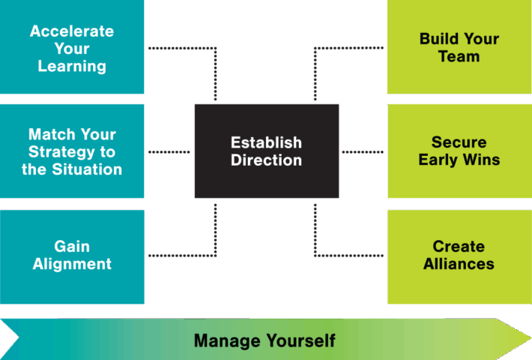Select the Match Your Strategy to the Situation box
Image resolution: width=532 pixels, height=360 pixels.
(72, 151)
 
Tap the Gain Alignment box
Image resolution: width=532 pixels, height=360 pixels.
(72, 256)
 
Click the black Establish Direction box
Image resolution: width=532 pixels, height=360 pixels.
(266, 151)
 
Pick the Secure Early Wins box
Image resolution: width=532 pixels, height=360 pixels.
(459, 151)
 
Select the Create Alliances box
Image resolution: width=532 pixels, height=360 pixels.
(459, 256)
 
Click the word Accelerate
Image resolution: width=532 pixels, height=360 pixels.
(72, 32)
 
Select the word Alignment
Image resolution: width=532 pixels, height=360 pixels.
(73, 265)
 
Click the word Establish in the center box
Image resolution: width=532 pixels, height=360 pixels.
(266, 142)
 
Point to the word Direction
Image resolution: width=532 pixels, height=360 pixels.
(266, 160)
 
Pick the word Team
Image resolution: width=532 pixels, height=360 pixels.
(459, 57)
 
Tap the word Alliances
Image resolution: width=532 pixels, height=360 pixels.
(459, 265)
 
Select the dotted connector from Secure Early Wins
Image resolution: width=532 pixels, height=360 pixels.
(363, 151)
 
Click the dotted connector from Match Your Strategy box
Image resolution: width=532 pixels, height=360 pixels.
(169, 151)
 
